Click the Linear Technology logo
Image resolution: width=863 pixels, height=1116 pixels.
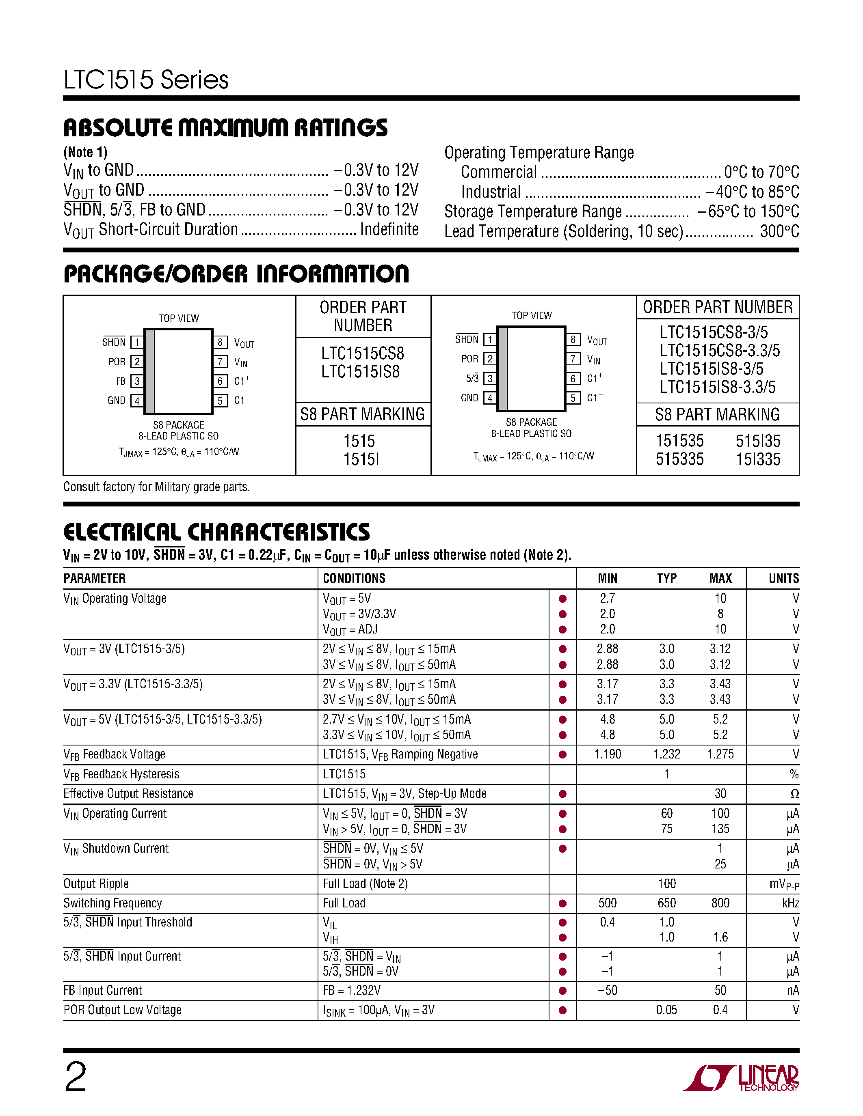coord(741,1078)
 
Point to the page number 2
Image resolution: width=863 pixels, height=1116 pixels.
coord(76,1077)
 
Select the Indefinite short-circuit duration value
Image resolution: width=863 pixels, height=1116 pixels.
coord(389,229)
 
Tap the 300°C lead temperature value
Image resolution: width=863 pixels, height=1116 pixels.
coord(779,231)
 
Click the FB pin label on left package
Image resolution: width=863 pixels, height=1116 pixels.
coord(121,381)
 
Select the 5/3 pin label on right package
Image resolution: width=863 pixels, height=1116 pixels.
coord(472,379)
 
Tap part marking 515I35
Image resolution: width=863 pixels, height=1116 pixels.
coord(758,441)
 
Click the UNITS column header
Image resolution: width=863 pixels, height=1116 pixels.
coord(783,578)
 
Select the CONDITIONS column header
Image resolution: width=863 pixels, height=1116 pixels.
coord(354,578)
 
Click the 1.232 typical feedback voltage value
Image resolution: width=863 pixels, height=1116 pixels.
coord(666,754)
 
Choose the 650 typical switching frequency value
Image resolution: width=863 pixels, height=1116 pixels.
coord(666,903)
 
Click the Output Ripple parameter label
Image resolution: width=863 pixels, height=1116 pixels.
coord(96,884)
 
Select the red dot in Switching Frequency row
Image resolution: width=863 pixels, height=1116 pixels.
coord(562,903)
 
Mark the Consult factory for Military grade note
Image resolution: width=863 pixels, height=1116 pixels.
coord(156,487)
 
